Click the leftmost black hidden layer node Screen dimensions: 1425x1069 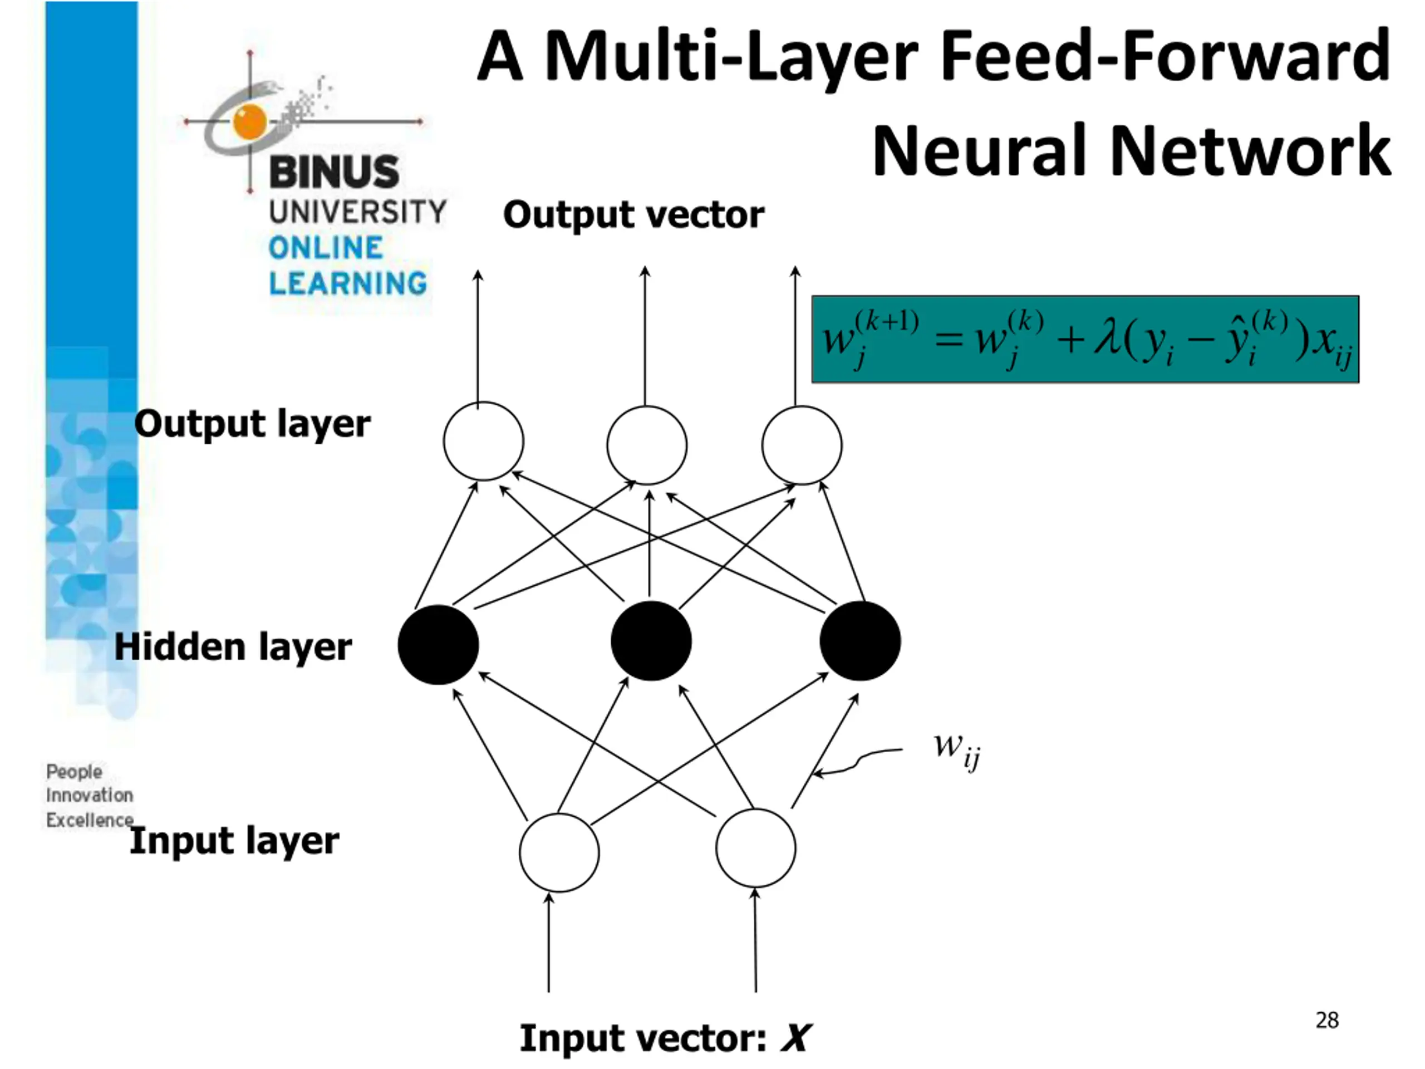(x=438, y=644)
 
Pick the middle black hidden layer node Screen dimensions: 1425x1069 (x=651, y=641)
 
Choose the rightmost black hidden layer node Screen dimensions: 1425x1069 (x=860, y=641)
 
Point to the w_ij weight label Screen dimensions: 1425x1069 (x=957, y=751)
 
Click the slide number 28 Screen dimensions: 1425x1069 (x=1327, y=1021)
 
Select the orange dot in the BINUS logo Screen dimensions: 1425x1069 (x=250, y=121)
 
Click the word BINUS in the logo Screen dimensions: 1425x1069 (x=335, y=172)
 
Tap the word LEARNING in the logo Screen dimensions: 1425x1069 (x=348, y=283)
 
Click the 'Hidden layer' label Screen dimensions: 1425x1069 (x=233, y=647)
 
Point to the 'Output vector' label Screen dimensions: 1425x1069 (x=634, y=214)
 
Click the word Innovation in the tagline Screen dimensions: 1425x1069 (x=90, y=796)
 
